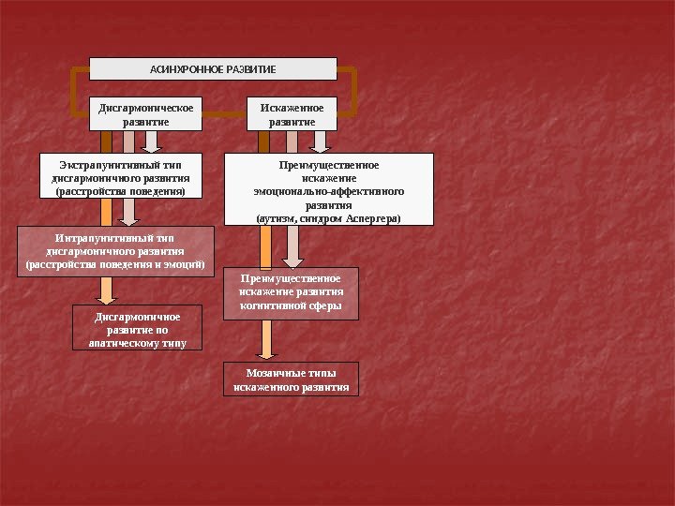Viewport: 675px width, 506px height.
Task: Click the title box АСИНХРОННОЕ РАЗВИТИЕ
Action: pyautogui.click(x=213, y=68)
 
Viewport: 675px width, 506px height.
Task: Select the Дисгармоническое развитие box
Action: pyautogui.click(x=146, y=113)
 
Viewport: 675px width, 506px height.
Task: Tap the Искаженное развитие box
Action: pyautogui.click(x=291, y=113)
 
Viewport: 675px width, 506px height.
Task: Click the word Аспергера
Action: pyautogui.click(x=372, y=217)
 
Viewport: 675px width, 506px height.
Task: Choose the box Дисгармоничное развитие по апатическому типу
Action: pyautogui.click(x=138, y=329)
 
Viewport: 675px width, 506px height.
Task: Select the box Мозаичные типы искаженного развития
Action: pyautogui.click(x=291, y=379)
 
